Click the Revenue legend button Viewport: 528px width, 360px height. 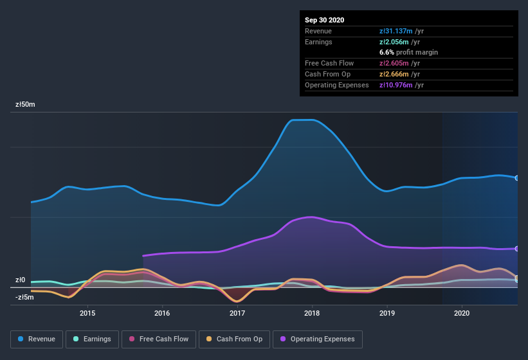coord(37,339)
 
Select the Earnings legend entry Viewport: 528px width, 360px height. coord(92,339)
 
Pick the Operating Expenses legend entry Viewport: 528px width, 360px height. coord(317,339)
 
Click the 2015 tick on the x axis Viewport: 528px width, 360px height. coord(87,313)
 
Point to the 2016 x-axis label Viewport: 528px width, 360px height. coord(162,313)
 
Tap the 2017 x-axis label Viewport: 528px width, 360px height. coord(237,313)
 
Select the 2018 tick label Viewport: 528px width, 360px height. coord(312,313)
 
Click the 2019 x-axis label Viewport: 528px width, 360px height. coord(387,313)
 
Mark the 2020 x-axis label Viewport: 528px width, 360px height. coord(462,313)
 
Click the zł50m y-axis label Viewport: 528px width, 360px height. coord(25,104)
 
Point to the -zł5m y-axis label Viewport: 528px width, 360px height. coord(24,297)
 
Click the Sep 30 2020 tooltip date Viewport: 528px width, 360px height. coord(324,20)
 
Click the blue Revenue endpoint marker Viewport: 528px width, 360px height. coord(517,178)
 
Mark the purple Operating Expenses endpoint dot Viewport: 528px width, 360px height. coord(517,249)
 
